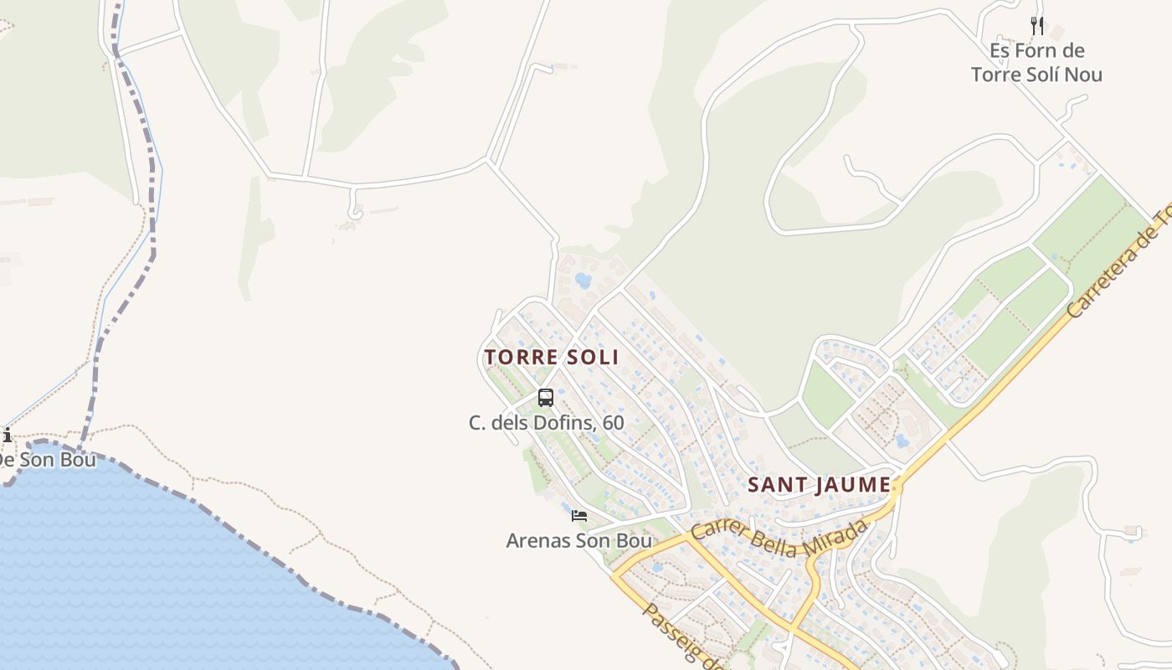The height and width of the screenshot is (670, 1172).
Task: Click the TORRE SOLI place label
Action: point(552,358)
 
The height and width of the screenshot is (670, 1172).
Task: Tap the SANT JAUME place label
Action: point(819,485)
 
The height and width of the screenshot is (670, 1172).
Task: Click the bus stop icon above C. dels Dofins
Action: point(546,398)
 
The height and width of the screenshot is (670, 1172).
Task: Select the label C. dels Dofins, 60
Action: point(546,423)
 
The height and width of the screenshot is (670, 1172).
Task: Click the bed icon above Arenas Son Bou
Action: point(578,516)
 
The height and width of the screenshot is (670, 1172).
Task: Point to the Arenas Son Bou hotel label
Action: point(578,541)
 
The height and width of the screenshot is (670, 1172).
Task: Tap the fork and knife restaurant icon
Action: point(1037,26)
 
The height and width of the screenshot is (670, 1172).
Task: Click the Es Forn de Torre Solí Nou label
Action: point(1036,63)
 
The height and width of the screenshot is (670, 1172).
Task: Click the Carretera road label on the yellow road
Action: point(1118,263)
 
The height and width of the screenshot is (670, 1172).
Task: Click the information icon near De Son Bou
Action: point(7,435)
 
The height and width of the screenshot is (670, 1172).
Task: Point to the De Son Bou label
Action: point(47,460)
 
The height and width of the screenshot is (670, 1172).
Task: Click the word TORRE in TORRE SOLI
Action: point(521,358)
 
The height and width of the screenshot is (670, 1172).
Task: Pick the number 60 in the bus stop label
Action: point(613,423)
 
